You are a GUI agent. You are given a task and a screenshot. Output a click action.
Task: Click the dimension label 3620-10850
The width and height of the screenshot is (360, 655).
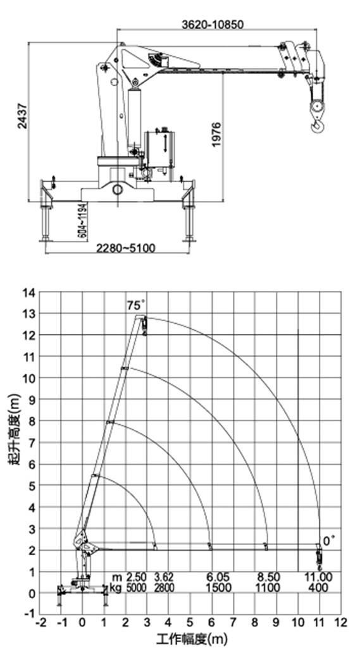(213, 25)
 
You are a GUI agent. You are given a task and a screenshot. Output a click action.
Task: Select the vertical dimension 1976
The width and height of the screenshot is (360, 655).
(216, 134)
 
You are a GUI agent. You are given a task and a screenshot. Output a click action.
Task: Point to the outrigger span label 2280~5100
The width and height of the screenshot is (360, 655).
(125, 248)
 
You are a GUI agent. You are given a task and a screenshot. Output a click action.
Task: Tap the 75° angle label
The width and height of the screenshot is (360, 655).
(135, 305)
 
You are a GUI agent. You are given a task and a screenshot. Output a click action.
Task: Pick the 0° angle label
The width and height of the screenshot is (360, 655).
(329, 541)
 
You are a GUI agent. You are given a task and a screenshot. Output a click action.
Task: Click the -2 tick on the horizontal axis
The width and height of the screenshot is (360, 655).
(40, 623)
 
